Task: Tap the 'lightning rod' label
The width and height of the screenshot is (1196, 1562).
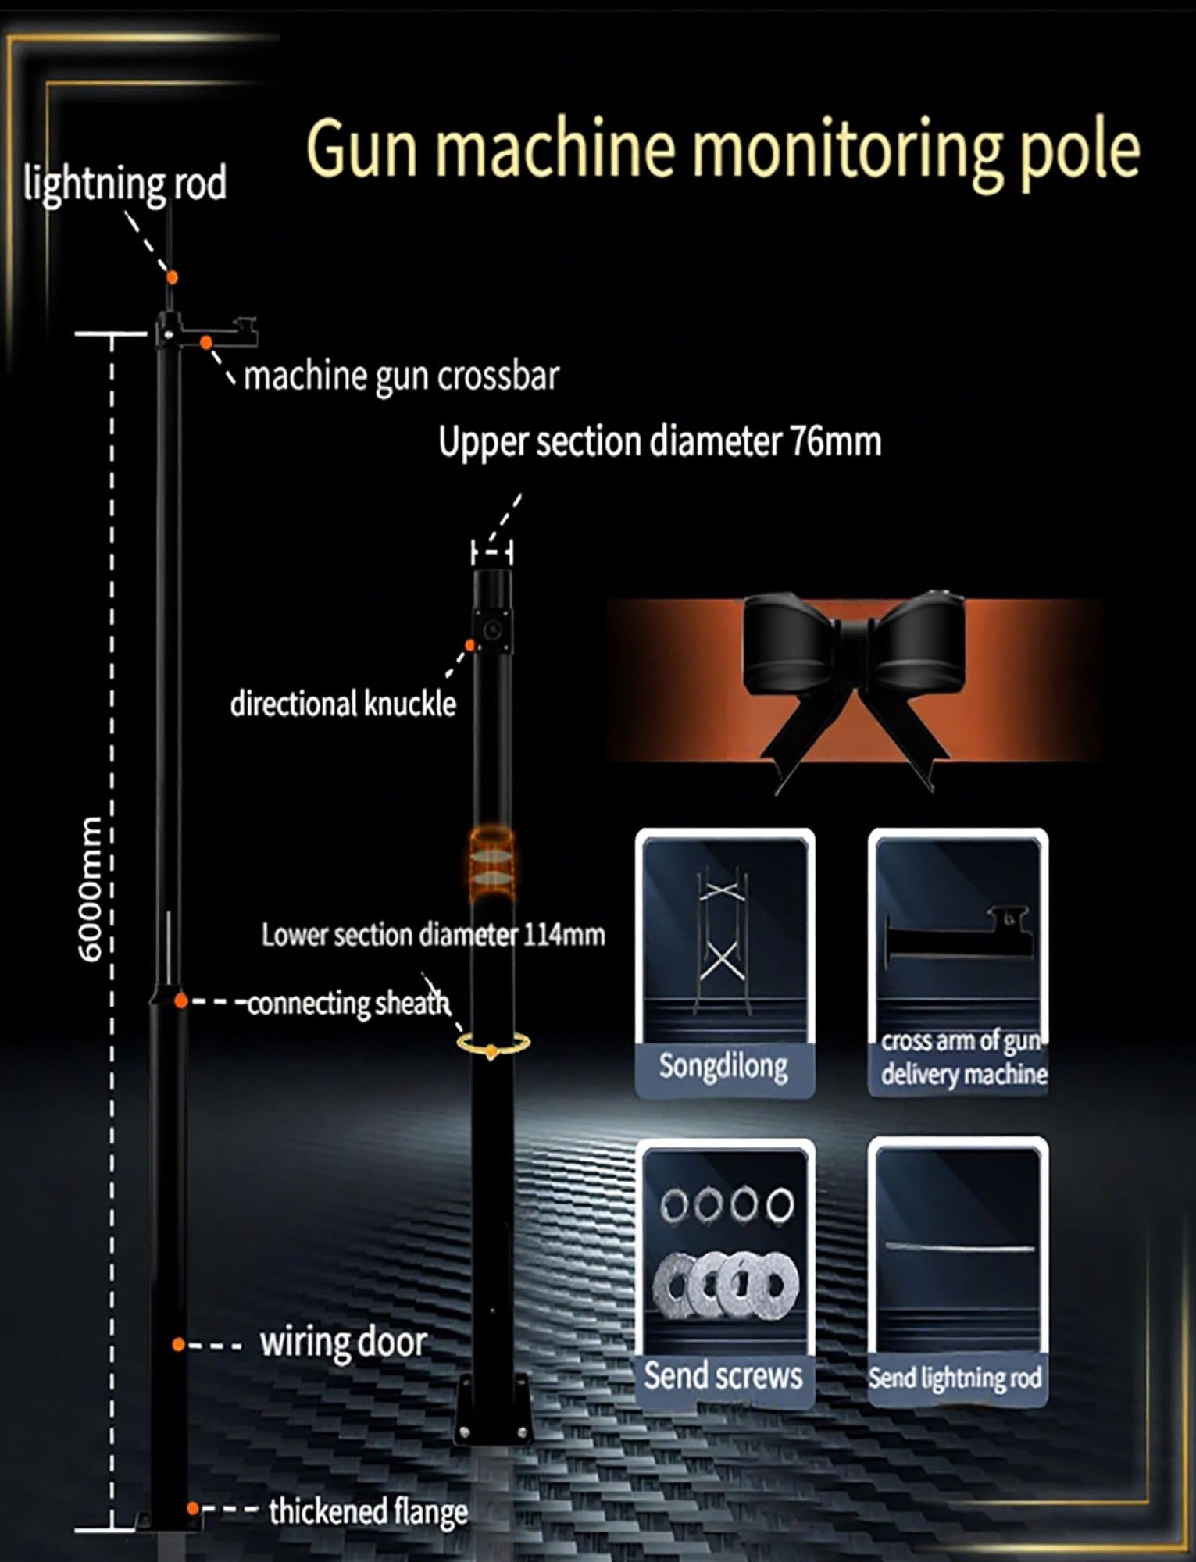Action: (125, 184)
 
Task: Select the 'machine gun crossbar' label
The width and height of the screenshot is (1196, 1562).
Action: (402, 376)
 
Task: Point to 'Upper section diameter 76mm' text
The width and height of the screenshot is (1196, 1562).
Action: (660, 442)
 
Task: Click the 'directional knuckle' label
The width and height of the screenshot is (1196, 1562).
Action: (343, 704)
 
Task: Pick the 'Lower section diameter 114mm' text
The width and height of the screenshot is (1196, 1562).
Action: (434, 935)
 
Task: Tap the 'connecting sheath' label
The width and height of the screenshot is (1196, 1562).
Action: (348, 1003)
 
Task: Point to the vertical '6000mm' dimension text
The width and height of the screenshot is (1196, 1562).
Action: (91, 889)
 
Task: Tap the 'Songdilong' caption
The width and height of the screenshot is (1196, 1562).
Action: (723, 1065)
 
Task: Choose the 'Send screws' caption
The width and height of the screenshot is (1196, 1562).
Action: (723, 1376)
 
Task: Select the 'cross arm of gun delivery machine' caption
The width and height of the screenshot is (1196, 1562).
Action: (964, 1058)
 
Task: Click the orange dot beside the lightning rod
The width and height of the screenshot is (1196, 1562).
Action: (172, 277)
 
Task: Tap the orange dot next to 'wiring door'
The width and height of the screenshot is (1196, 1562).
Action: (179, 1344)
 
